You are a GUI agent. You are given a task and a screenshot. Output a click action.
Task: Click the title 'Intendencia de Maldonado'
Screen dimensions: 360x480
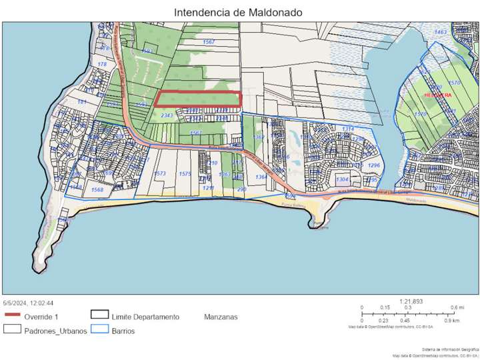(238, 12)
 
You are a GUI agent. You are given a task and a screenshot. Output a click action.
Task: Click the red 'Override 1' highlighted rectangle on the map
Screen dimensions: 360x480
(197, 99)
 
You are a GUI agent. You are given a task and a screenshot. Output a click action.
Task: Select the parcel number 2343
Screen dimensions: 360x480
(167, 116)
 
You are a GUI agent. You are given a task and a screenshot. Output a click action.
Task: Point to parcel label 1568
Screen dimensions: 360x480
(97, 190)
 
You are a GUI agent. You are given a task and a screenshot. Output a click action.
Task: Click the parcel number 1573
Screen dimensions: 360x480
(160, 173)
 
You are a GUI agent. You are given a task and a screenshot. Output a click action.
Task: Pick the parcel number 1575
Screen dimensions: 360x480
(185, 173)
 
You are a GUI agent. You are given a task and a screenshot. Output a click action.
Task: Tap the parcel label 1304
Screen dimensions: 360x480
(342, 180)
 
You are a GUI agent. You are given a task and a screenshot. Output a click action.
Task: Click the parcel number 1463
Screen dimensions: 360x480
(440, 32)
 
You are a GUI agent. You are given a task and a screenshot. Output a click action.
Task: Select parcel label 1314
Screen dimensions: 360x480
(347, 129)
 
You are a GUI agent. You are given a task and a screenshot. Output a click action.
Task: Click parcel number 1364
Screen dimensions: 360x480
(261, 177)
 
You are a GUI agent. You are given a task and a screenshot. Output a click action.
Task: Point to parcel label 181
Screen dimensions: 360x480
(82, 102)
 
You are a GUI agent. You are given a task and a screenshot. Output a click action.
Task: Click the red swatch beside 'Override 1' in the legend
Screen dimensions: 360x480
(13, 317)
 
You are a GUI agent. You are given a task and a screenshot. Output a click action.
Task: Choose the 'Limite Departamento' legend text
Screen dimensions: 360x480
(145, 317)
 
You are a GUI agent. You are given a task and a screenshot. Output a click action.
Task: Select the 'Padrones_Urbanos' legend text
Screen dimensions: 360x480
(55, 331)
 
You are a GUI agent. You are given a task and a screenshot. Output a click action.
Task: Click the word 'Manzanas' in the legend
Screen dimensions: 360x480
(221, 317)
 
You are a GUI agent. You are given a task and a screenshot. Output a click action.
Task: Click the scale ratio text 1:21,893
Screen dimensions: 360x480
(411, 301)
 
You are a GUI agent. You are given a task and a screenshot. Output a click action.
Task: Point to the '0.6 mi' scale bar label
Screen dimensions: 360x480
(457, 307)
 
